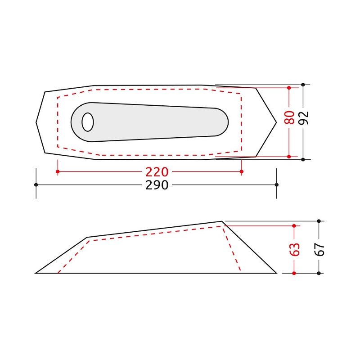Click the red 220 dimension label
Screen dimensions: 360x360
[157, 172]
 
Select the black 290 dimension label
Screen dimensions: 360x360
[157, 185]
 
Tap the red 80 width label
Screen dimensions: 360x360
[289, 117]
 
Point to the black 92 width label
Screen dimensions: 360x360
[303, 118]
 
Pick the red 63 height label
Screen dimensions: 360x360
[295, 249]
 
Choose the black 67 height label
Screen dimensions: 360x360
[319, 249]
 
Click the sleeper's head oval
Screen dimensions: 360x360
[88, 122]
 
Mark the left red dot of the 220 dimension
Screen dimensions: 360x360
[58, 171]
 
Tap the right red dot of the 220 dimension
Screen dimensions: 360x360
[241, 171]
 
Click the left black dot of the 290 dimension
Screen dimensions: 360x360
[36, 185]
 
